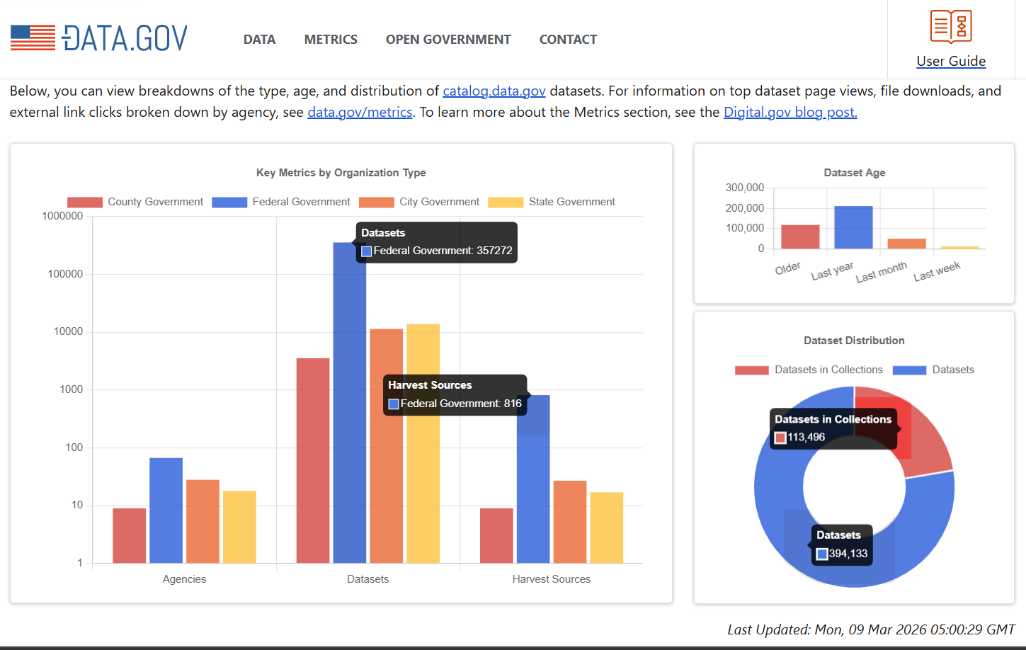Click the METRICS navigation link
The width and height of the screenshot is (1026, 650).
tap(331, 40)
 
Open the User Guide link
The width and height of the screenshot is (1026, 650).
tap(951, 61)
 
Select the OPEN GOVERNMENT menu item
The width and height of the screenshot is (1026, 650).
tap(448, 40)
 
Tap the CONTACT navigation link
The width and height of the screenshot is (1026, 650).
tap(568, 40)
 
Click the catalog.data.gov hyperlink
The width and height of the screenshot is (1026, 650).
tap(494, 91)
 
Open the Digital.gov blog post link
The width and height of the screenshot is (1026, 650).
tap(790, 112)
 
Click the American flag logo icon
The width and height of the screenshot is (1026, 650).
tap(33, 38)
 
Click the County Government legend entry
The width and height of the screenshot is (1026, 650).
tap(135, 202)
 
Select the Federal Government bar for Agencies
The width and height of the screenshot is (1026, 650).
tap(166, 510)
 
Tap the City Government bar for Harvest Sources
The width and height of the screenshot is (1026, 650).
tap(570, 522)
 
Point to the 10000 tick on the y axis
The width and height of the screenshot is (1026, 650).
tap(68, 331)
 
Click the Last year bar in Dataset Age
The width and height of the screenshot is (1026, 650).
tap(853, 227)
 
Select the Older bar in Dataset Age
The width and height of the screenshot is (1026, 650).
tap(800, 236)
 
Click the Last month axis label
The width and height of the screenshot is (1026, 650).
tap(881, 272)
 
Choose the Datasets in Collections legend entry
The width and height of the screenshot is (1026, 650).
tap(809, 370)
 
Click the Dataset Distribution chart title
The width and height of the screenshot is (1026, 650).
tap(854, 341)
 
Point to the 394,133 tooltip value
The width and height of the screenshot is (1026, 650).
tap(848, 554)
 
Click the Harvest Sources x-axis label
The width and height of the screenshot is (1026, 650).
tap(551, 579)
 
